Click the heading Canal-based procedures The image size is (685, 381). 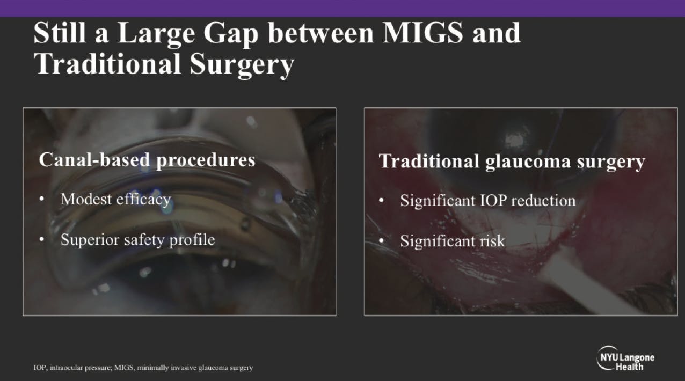[147, 160]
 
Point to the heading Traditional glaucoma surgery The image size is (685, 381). [512, 162]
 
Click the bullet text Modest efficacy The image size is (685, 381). [115, 199]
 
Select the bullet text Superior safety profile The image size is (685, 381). [137, 239]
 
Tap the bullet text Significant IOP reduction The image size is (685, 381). [487, 201]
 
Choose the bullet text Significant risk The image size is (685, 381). [452, 241]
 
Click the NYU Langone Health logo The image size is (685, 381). [625, 358]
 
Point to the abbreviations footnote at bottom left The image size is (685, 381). [143, 368]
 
